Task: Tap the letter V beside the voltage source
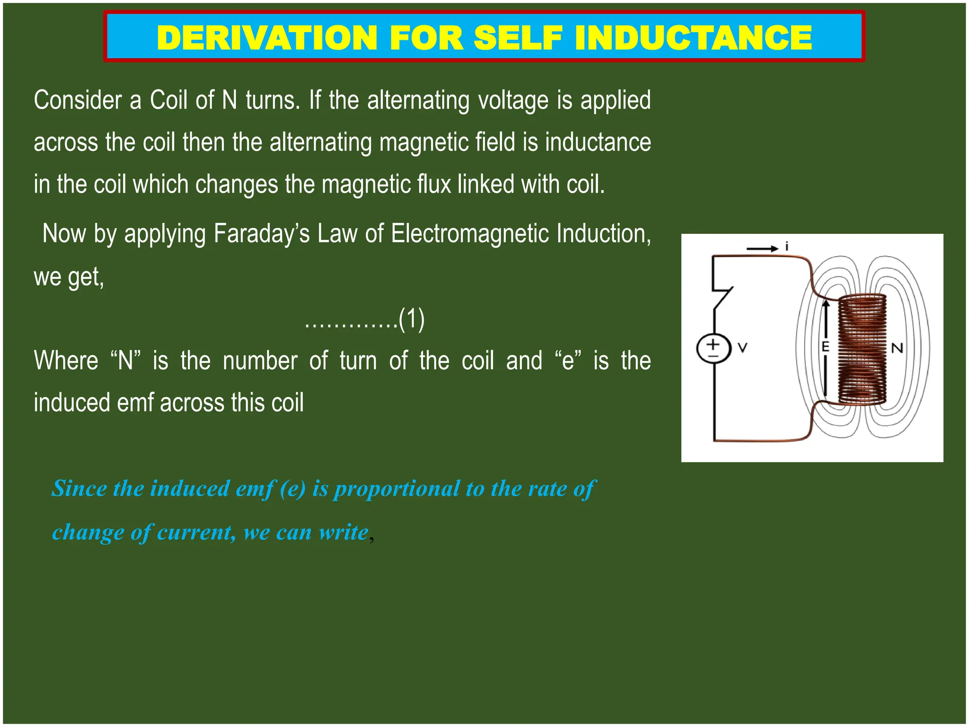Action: tap(743, 348)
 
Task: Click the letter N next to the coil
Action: tap(897, 348)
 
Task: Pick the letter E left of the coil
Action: tap(826, 347)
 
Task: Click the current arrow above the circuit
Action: tap(762, 248)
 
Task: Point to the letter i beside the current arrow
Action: tap(787, 247)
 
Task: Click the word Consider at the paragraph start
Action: tap(78, 100)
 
